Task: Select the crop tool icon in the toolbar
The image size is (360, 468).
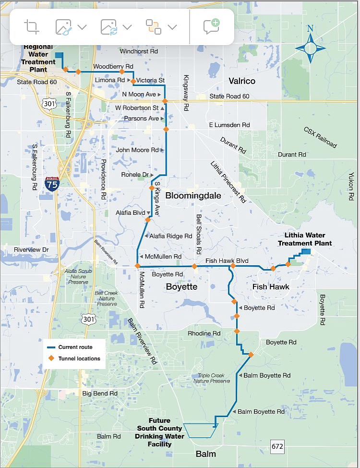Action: click(x=32, y=26)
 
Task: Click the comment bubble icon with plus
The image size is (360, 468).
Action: click(x=211, y=26)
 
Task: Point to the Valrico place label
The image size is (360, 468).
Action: click(x=242, y=81)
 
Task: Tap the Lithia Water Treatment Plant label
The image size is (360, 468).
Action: click(x=305, y=239)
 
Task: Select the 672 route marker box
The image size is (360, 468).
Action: click(x=277, y=446)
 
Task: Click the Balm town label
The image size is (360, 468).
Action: click(x=205, y=454)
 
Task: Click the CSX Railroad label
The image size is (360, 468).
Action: click(x=320, y=137)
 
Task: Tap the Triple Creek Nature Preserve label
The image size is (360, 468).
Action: click(x=212, y=378)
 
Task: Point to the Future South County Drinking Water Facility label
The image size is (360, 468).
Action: click(x=159, y=432)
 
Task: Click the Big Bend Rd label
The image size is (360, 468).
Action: click(x=100, y=393)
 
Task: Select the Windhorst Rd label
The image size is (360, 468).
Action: click(x=139, y=51)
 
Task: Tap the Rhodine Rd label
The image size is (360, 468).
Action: click(x=204, y=333)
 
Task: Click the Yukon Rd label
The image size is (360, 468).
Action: click(x=351, y=187)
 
